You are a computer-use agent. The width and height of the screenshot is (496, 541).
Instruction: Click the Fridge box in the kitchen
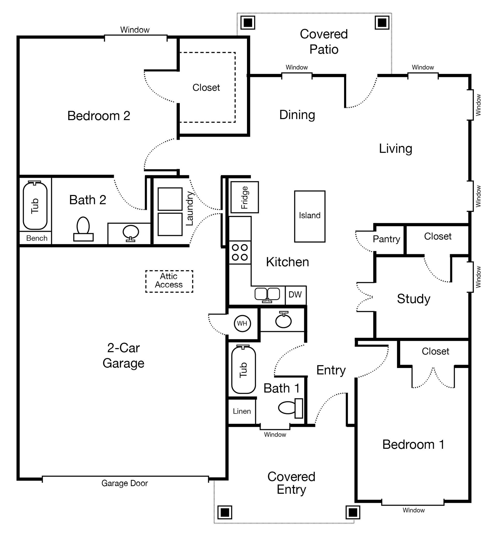[244, 197]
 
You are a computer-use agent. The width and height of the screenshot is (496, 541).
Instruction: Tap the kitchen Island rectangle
[309, 216]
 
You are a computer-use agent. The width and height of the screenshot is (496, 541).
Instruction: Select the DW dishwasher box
[295, 295]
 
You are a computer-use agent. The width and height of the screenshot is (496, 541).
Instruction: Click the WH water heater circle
[242, 323]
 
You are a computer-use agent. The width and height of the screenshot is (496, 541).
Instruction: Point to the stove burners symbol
[240, 252]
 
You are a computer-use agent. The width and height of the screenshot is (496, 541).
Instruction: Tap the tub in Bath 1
[243, 370]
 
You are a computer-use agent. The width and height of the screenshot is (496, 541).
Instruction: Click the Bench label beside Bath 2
[37, 238]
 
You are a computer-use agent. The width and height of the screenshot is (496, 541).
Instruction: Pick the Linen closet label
[242, 411]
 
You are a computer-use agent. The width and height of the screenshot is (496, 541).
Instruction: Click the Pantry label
[386, 239]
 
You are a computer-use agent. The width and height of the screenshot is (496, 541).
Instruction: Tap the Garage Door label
[125, 483]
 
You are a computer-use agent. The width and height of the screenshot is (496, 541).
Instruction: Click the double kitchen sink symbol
[267, 295]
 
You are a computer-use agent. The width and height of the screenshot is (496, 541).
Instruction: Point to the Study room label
[413, 299]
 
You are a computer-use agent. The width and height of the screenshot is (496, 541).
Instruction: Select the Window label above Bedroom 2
[135, 30]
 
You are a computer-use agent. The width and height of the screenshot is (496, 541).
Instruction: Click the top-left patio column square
[247, 23]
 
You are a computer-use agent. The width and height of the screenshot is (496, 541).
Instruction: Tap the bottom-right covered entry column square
[352, 513]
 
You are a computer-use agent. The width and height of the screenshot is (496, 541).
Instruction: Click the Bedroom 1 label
[413, 445]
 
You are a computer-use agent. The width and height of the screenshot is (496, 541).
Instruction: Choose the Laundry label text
[190, 208]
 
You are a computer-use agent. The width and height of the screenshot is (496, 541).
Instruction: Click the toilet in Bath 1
[290, 408]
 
